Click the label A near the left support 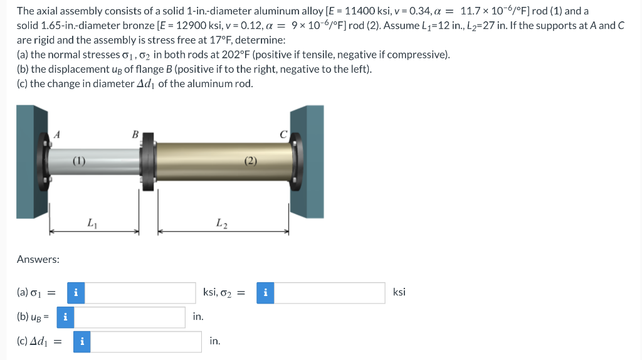(x=57, y=134)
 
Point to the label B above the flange (x=135, y=134)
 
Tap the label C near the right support (x=283, y=134)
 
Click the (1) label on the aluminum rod (x=79, y=161)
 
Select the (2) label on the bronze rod (x=251, y=161)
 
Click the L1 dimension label (x=92, y=223)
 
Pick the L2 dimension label (x=222, y=223)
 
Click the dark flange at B (x=147, y=161)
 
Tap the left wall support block (x=32, y=162)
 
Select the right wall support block (x=307, y=162)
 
